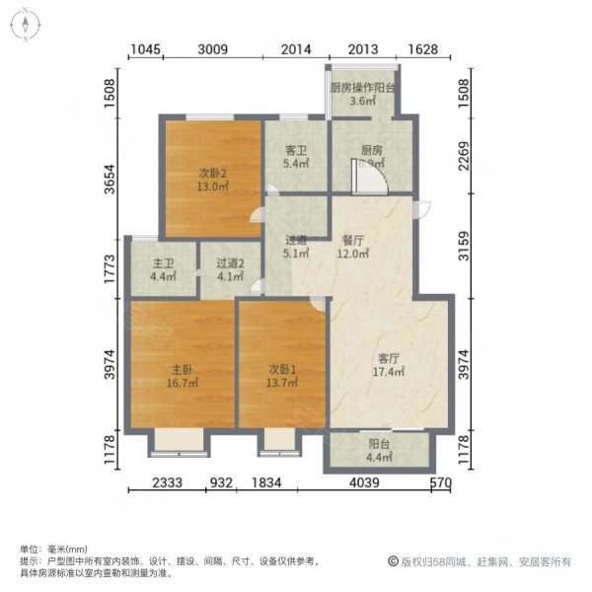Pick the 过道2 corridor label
click(x=230, y=263)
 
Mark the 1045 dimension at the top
click(x=144, y=50)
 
